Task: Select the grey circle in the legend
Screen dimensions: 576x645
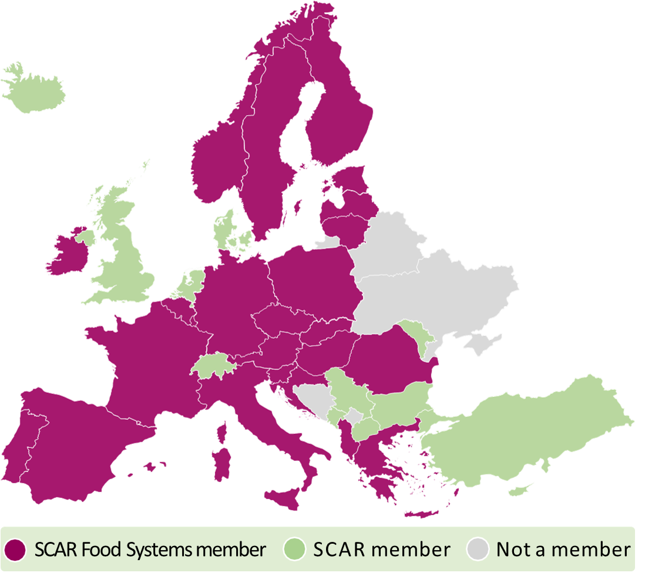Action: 478,550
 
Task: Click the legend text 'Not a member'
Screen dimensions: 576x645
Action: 563,550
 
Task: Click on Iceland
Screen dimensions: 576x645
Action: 35,91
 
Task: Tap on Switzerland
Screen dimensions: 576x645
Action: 213,365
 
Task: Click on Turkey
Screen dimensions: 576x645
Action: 529,423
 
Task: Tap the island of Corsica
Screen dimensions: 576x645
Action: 223,432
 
